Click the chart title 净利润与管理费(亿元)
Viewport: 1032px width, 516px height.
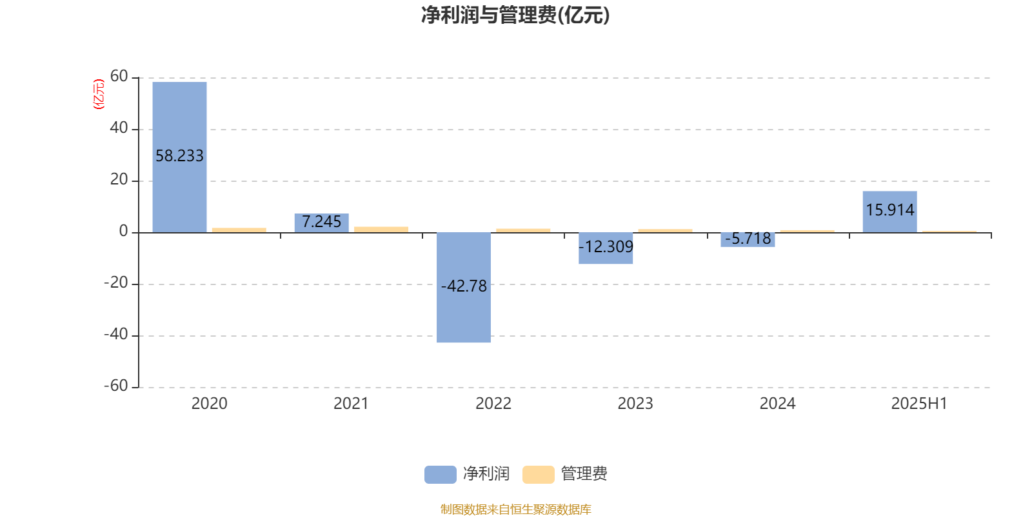[515, 15]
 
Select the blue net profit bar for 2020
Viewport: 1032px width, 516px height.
[180, 157]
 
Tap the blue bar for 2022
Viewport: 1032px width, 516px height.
[464, 288]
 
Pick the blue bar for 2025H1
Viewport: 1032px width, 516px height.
[889, 212]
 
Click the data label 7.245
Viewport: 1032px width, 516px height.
[322, 222]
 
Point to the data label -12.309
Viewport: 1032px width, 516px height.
[606, 247]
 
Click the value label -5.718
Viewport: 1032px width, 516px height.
[748, 239]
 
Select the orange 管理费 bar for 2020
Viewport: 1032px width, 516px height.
[239, 230]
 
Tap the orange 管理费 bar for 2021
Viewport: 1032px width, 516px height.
[381, 230]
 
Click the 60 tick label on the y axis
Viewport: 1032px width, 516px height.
[119, 77]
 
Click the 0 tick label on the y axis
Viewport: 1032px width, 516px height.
[123, 232]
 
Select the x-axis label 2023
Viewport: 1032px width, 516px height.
[635, 404]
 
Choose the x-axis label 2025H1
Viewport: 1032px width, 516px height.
[919, 404]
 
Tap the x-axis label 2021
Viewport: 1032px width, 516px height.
[351, 404]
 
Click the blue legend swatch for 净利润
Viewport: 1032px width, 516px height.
[441, 475]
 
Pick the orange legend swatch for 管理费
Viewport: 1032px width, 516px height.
[538, 475]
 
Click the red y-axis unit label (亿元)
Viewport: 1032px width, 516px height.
[99, 94]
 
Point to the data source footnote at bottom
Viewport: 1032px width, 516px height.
[515, 509]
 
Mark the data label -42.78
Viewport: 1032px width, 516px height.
[464, 286]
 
